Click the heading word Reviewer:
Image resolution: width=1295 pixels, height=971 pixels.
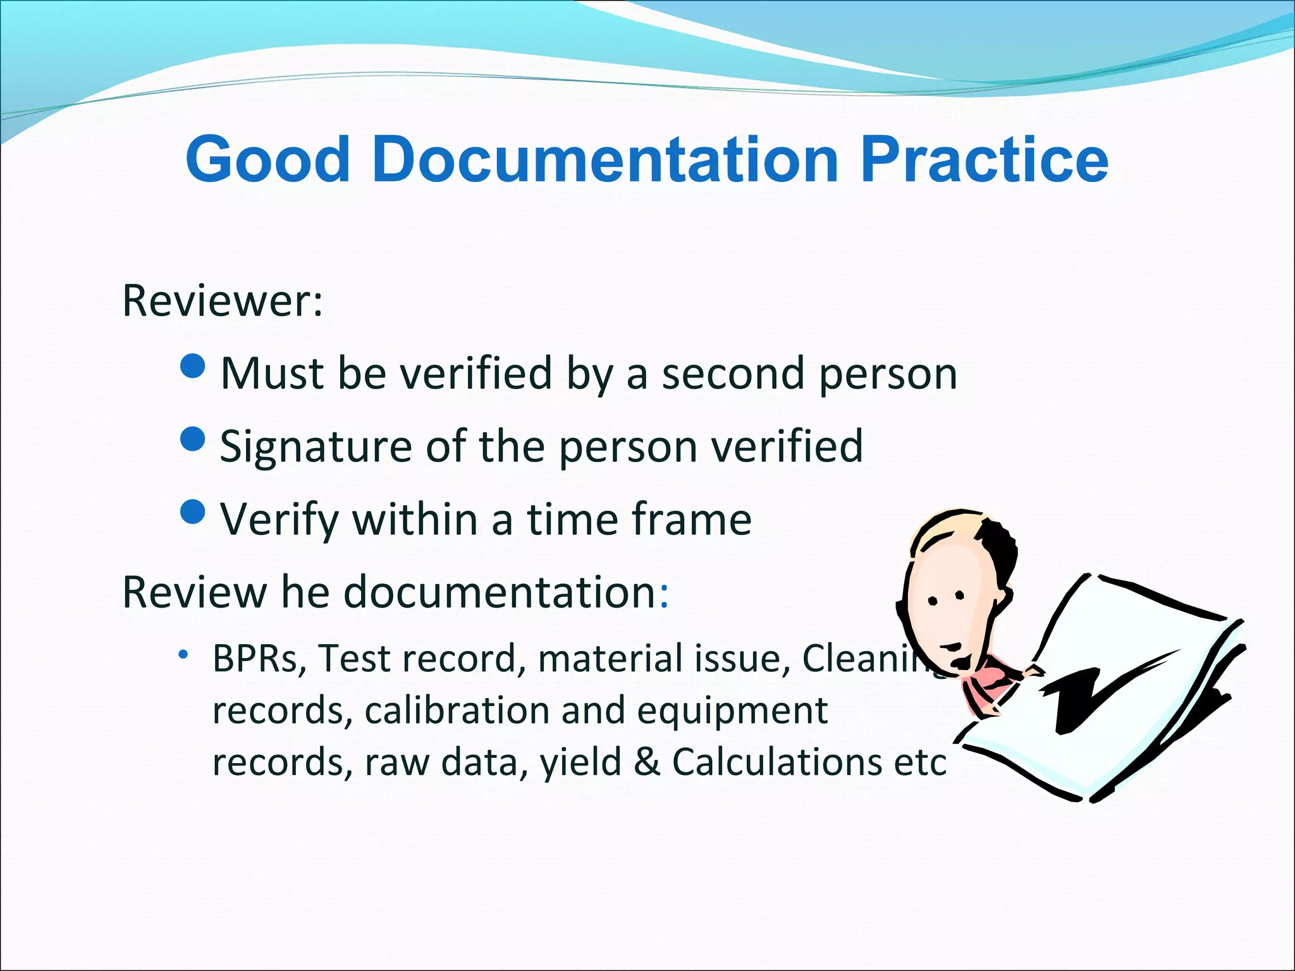[x=223, y=301]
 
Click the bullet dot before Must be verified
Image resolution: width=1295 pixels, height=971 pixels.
[x=192, y=365]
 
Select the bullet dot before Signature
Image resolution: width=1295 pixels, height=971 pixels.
[x=192, y=438]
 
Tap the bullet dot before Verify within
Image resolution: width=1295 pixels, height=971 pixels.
[x=192, y=511]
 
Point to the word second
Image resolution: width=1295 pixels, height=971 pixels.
[x=733, y=374]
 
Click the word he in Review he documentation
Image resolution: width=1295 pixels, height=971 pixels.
[x=305, y=592]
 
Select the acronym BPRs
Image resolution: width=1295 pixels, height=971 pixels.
[x=259, y=659]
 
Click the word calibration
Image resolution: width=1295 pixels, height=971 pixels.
[x=457, y=711]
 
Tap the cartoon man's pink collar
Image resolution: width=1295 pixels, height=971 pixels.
[x=993, y=683]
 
